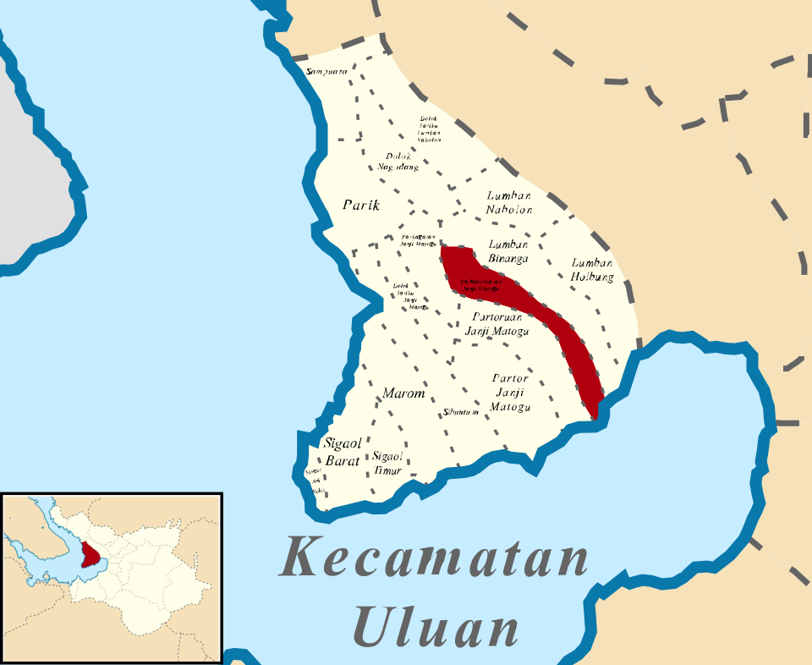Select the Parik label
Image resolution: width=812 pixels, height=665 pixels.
click(361, 206)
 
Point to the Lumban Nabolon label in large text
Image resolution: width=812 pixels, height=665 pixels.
click(509, 202)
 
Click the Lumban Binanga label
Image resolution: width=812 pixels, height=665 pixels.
click(508, 251)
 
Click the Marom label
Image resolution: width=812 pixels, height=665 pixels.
click(403, 393)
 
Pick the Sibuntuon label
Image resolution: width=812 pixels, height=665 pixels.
click(462, 412)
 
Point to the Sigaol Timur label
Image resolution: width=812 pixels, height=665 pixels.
click(387, 463)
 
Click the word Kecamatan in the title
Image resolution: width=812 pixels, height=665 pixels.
click(434, 559)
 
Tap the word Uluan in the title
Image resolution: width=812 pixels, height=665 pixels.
click(436, 627)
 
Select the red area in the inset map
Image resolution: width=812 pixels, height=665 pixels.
click(89, 555)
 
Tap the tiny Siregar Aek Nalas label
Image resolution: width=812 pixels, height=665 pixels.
click(314, 481)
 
